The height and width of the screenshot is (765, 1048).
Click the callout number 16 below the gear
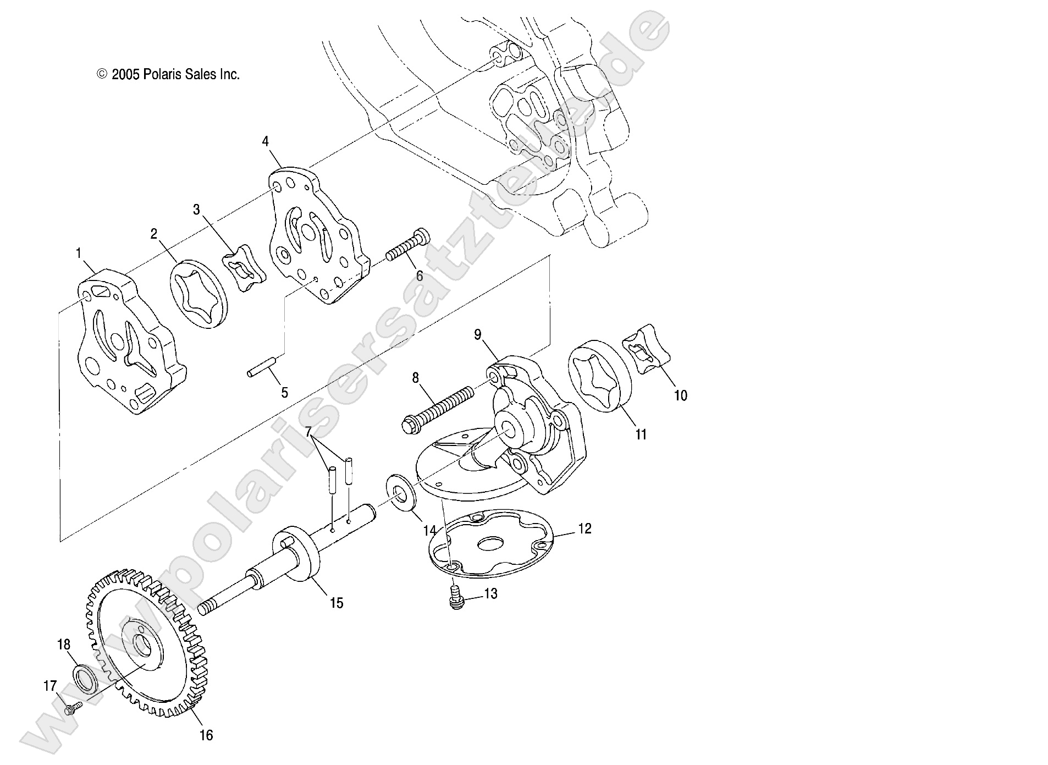206,735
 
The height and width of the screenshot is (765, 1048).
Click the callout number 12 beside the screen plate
584,529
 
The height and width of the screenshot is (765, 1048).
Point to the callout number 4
265,142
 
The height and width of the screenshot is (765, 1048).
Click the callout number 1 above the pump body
79,253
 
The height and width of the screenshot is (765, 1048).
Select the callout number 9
477,334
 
